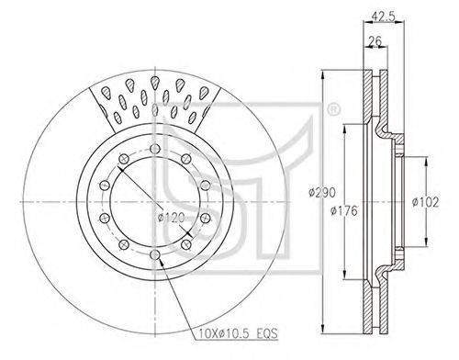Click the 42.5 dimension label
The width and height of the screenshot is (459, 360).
[383, 16]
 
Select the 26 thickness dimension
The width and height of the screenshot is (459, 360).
[375, 40]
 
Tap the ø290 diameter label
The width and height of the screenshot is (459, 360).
[322, 193]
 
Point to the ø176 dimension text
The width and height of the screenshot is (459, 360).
[344, 210]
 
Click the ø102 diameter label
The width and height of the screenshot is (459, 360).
[425, 202]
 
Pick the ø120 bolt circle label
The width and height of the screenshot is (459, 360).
[172, 218]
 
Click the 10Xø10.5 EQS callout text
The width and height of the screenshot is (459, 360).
[238, 332]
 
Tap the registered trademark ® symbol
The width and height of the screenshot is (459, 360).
[333, 110]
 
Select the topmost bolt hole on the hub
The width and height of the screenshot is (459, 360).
[155, 149]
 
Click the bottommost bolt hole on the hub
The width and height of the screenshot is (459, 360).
[155, 254]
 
